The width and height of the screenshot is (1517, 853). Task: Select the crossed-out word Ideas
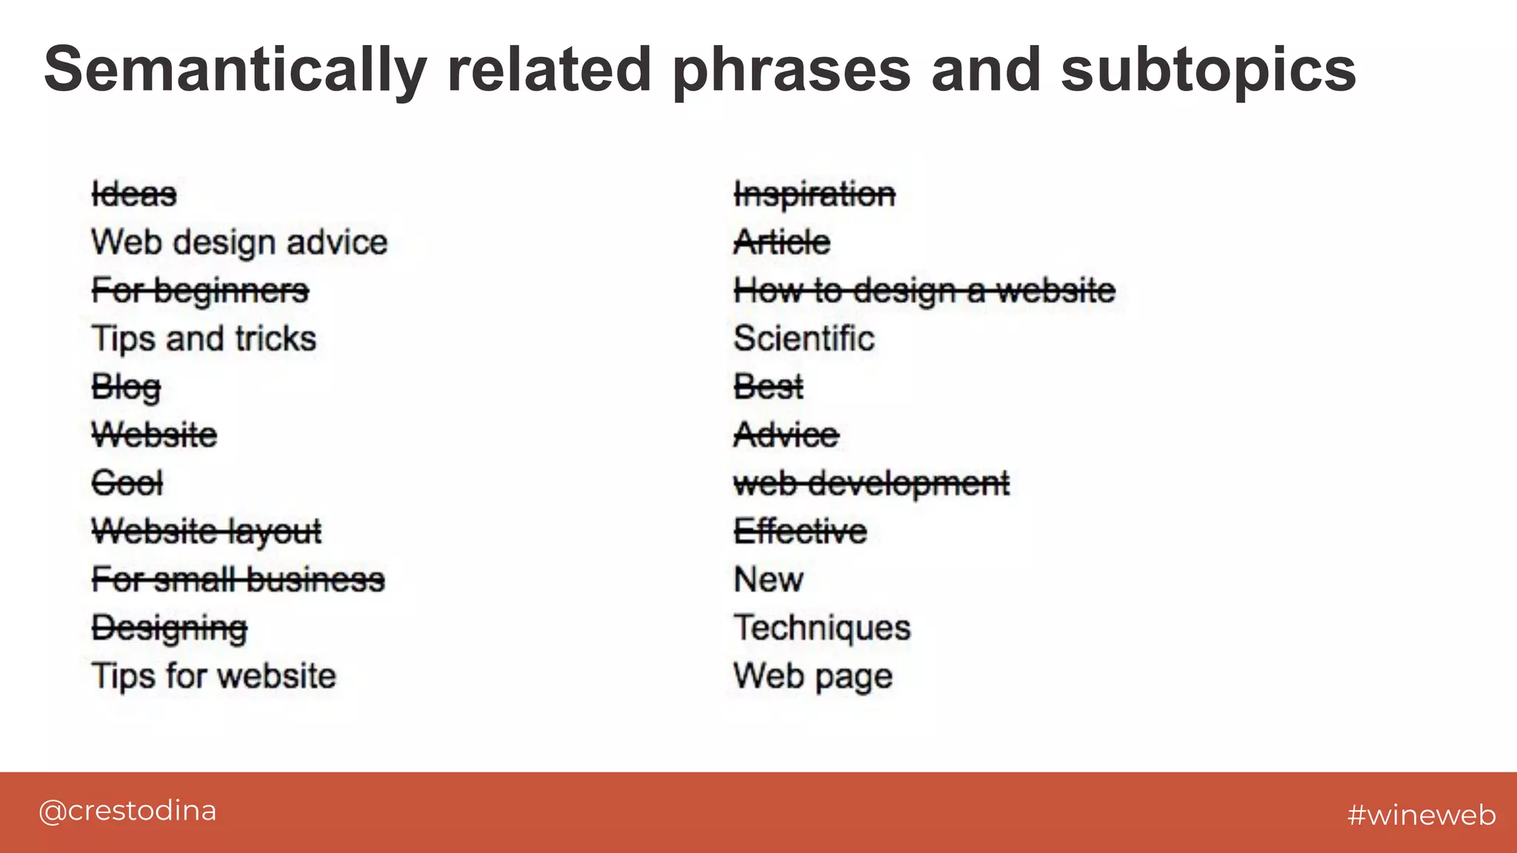coord(134,195)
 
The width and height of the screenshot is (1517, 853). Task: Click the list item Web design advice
coord(239,243)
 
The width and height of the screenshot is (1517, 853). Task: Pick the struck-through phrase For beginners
coord(200,291)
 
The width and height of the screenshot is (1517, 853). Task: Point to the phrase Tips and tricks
coord(204,339)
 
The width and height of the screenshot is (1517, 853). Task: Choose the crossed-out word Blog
coord(126,387)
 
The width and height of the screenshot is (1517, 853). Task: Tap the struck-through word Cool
coord(127,484)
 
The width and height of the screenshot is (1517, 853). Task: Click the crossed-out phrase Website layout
coord(207,532)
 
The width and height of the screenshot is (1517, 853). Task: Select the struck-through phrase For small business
coord(238,580)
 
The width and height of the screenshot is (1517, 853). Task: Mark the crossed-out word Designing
coord(169,629)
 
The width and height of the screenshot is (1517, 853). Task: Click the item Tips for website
coord(213,676)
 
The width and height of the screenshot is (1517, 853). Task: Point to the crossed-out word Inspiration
coord(814,195)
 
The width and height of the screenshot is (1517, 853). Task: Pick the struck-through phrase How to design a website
coord(924,291)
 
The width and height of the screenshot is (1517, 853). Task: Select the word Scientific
coord(804,339)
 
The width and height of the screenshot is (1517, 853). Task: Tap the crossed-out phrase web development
coord(871,484)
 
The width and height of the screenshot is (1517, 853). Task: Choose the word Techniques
coord(821,628)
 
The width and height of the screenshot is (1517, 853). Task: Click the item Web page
coord(813,676)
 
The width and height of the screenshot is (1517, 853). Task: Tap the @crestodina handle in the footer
coord(127,811)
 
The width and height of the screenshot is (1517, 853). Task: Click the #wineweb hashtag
coord(1421,814)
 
